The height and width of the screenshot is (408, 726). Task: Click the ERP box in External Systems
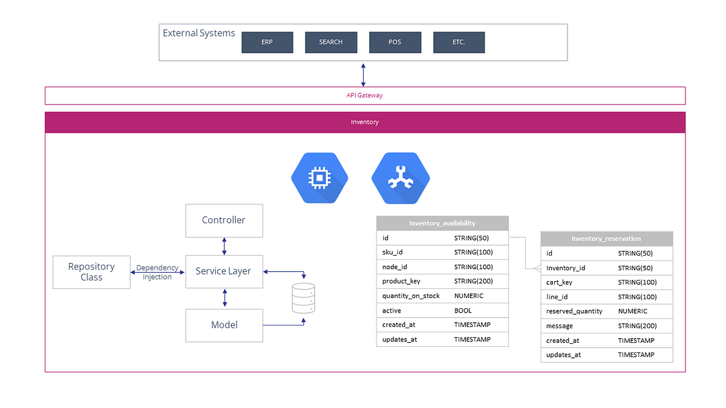(x=267, y=42)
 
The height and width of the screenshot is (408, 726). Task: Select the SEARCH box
(x=331, y=42)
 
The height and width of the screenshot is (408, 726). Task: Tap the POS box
(x=394, y=42)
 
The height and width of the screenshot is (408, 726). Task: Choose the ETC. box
(x=459, y=42)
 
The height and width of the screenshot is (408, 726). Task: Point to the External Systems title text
(x=198, y=33)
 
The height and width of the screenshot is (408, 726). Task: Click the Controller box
(x=224, y=220)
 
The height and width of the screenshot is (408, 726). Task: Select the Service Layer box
(x=223, y=271)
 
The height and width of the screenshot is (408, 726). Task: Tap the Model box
(x=224, y=325)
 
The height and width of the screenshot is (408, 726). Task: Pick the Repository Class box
(x=91, y=271)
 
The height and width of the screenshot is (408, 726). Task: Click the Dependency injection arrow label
(x=157, y=272)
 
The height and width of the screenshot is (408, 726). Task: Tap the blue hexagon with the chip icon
(x=320, y=178)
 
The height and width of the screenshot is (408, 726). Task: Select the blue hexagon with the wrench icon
(x=401, y=178)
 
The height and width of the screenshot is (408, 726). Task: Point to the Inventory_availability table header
(x=442, y=223)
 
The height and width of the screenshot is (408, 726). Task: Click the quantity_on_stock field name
(x=411, y=296)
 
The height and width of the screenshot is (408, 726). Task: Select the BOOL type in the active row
(x=463, y=311)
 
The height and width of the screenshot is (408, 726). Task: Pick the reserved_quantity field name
(x=574, y=311)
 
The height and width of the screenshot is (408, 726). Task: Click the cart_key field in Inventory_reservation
(x=559, y=282)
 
